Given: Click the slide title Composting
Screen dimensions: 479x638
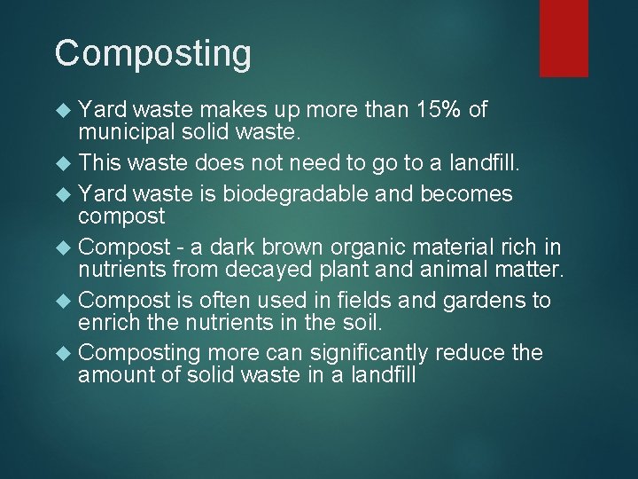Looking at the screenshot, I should pos(152,53).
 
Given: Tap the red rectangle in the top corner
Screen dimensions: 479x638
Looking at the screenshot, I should pos(564,37).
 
